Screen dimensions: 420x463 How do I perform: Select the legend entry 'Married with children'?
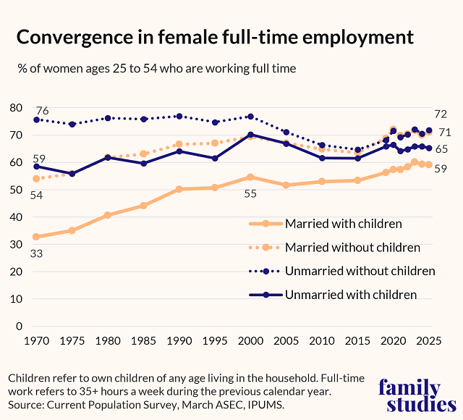click(344, 223)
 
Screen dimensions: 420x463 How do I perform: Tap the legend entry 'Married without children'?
click(352, 247)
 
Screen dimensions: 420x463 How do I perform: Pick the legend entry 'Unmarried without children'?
click(360, 271)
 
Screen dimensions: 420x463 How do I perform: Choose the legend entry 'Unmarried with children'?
click(351, 294)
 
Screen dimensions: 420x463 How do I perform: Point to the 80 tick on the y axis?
click(16, 108)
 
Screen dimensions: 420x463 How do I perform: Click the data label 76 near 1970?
click(42, 111)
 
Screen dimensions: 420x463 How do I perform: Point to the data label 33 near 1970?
click(36, 253)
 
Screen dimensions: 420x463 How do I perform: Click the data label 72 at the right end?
click(440, 114)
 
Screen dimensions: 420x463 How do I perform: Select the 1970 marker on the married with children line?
click(36, 237)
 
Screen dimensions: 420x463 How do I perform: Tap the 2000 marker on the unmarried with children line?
click(251, 135)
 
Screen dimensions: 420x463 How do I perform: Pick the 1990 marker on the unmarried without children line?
click(179, 117)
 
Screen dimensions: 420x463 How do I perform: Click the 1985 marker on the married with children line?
click(143, 206)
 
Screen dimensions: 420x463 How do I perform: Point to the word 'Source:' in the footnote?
click(27, 405)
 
